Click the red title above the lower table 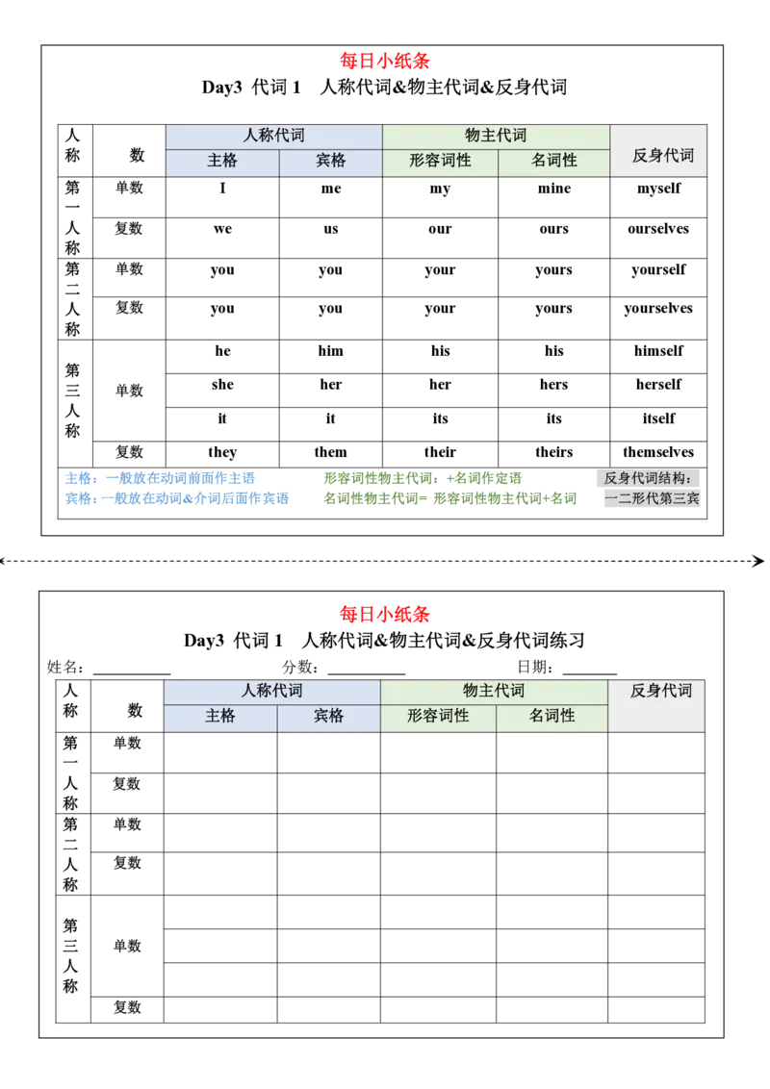click(x=385, y=614)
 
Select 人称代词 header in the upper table click(x=273, y=137)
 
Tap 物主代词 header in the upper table click(x=496, y=137)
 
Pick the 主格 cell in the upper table click(x=222, y=162)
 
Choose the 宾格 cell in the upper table click(x=330, y=162)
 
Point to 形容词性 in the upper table click(x=440, y=162)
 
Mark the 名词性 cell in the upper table click(x=554, y=162)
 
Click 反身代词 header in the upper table click(x=662, y=155)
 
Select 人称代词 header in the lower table click(x=271, y=691)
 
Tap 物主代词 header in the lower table click(x=494, y=691)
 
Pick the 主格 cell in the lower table click(x=220, y=716)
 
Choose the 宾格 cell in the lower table click(x=328, y=716)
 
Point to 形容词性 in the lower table click(x=438, y=716)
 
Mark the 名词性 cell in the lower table click(x=552, y=716)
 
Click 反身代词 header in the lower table click(x=661, y=691)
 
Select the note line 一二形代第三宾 click(x=652, y=499)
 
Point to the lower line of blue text click(x=176, y=499)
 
